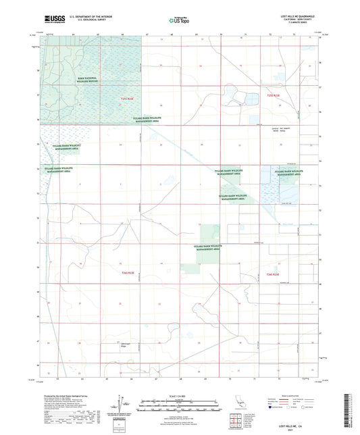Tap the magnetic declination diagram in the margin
(x=124, y=404)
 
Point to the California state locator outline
(x=236, y=404)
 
